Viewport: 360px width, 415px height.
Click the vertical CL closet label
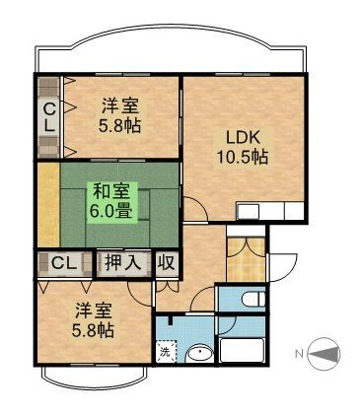coord(47,116)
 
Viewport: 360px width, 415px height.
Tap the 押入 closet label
coord(123,263)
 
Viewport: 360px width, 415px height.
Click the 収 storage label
coord(166,263)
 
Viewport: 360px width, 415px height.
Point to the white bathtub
coord(243,352)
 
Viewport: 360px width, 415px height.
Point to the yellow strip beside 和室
coord(47,203)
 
